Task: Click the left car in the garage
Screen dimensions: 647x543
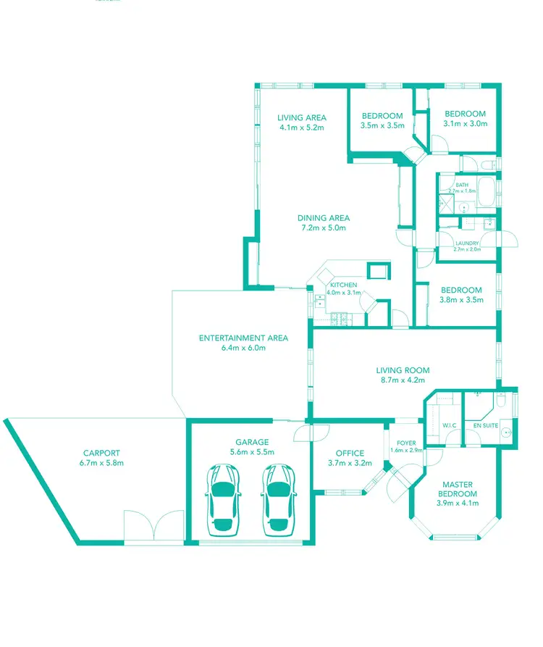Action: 224,499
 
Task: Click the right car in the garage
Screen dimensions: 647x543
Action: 279,499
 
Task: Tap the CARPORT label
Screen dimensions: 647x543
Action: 101,453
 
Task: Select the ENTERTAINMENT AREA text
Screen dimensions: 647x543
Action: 244,338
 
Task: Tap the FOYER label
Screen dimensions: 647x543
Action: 406,442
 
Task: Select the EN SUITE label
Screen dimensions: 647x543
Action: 485,425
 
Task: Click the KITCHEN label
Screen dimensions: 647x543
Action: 343,284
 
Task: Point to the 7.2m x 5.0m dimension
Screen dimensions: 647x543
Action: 324,228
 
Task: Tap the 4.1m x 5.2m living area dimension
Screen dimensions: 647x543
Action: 301,128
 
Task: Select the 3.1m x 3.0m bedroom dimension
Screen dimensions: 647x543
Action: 465,123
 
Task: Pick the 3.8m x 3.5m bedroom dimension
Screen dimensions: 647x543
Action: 461,299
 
